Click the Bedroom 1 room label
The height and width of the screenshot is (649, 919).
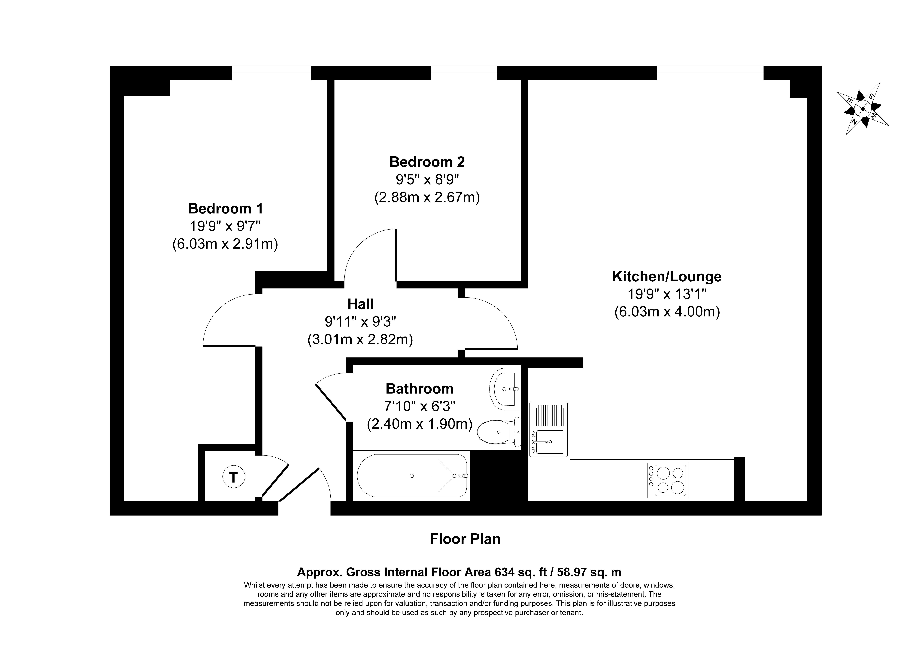226,208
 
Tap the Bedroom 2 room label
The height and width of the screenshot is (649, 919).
427,162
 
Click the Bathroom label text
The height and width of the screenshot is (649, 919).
420,389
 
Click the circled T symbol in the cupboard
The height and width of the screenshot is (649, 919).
233,477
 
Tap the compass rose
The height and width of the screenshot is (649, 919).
863,108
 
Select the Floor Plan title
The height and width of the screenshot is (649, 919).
465,539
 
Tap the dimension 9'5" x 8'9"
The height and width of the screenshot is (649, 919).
427,180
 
